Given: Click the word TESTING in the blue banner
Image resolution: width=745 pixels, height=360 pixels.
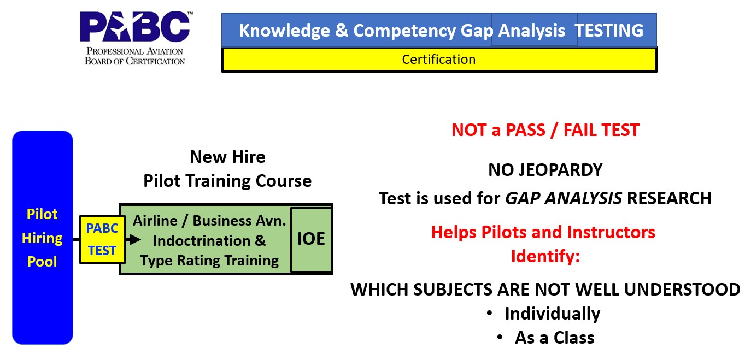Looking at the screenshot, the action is click(609, 31).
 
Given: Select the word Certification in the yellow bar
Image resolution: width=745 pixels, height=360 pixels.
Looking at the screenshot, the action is click(439, 60).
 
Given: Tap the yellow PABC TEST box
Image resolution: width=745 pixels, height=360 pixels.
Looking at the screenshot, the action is click(102, 239).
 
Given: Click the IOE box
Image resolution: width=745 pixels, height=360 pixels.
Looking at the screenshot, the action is click(312, 239).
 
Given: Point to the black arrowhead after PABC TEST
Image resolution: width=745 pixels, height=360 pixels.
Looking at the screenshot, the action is click(134, 239).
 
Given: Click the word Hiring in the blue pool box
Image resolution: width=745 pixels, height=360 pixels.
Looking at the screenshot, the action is click(42, 239).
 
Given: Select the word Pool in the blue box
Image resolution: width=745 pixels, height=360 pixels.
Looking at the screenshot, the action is click(42, 262).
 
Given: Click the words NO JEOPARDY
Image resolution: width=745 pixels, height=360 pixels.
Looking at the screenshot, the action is click(545, 170).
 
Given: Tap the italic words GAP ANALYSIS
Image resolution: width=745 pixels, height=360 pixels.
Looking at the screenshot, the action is click(564, 198).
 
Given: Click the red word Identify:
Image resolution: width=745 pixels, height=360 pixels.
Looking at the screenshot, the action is click(545, 257).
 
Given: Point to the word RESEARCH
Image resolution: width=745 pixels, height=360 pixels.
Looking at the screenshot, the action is click(669, 198).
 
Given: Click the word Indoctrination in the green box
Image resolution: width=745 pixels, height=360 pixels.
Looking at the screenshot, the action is click(202, 241).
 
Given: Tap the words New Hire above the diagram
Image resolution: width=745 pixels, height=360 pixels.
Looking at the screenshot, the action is click(227, 157).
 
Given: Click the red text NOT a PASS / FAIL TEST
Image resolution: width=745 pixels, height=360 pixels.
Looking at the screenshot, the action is click(545, 130).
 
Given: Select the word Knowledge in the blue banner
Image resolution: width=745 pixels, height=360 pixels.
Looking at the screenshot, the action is click(284, 31).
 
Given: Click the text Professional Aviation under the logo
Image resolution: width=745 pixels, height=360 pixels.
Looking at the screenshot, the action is click(134, 51).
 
